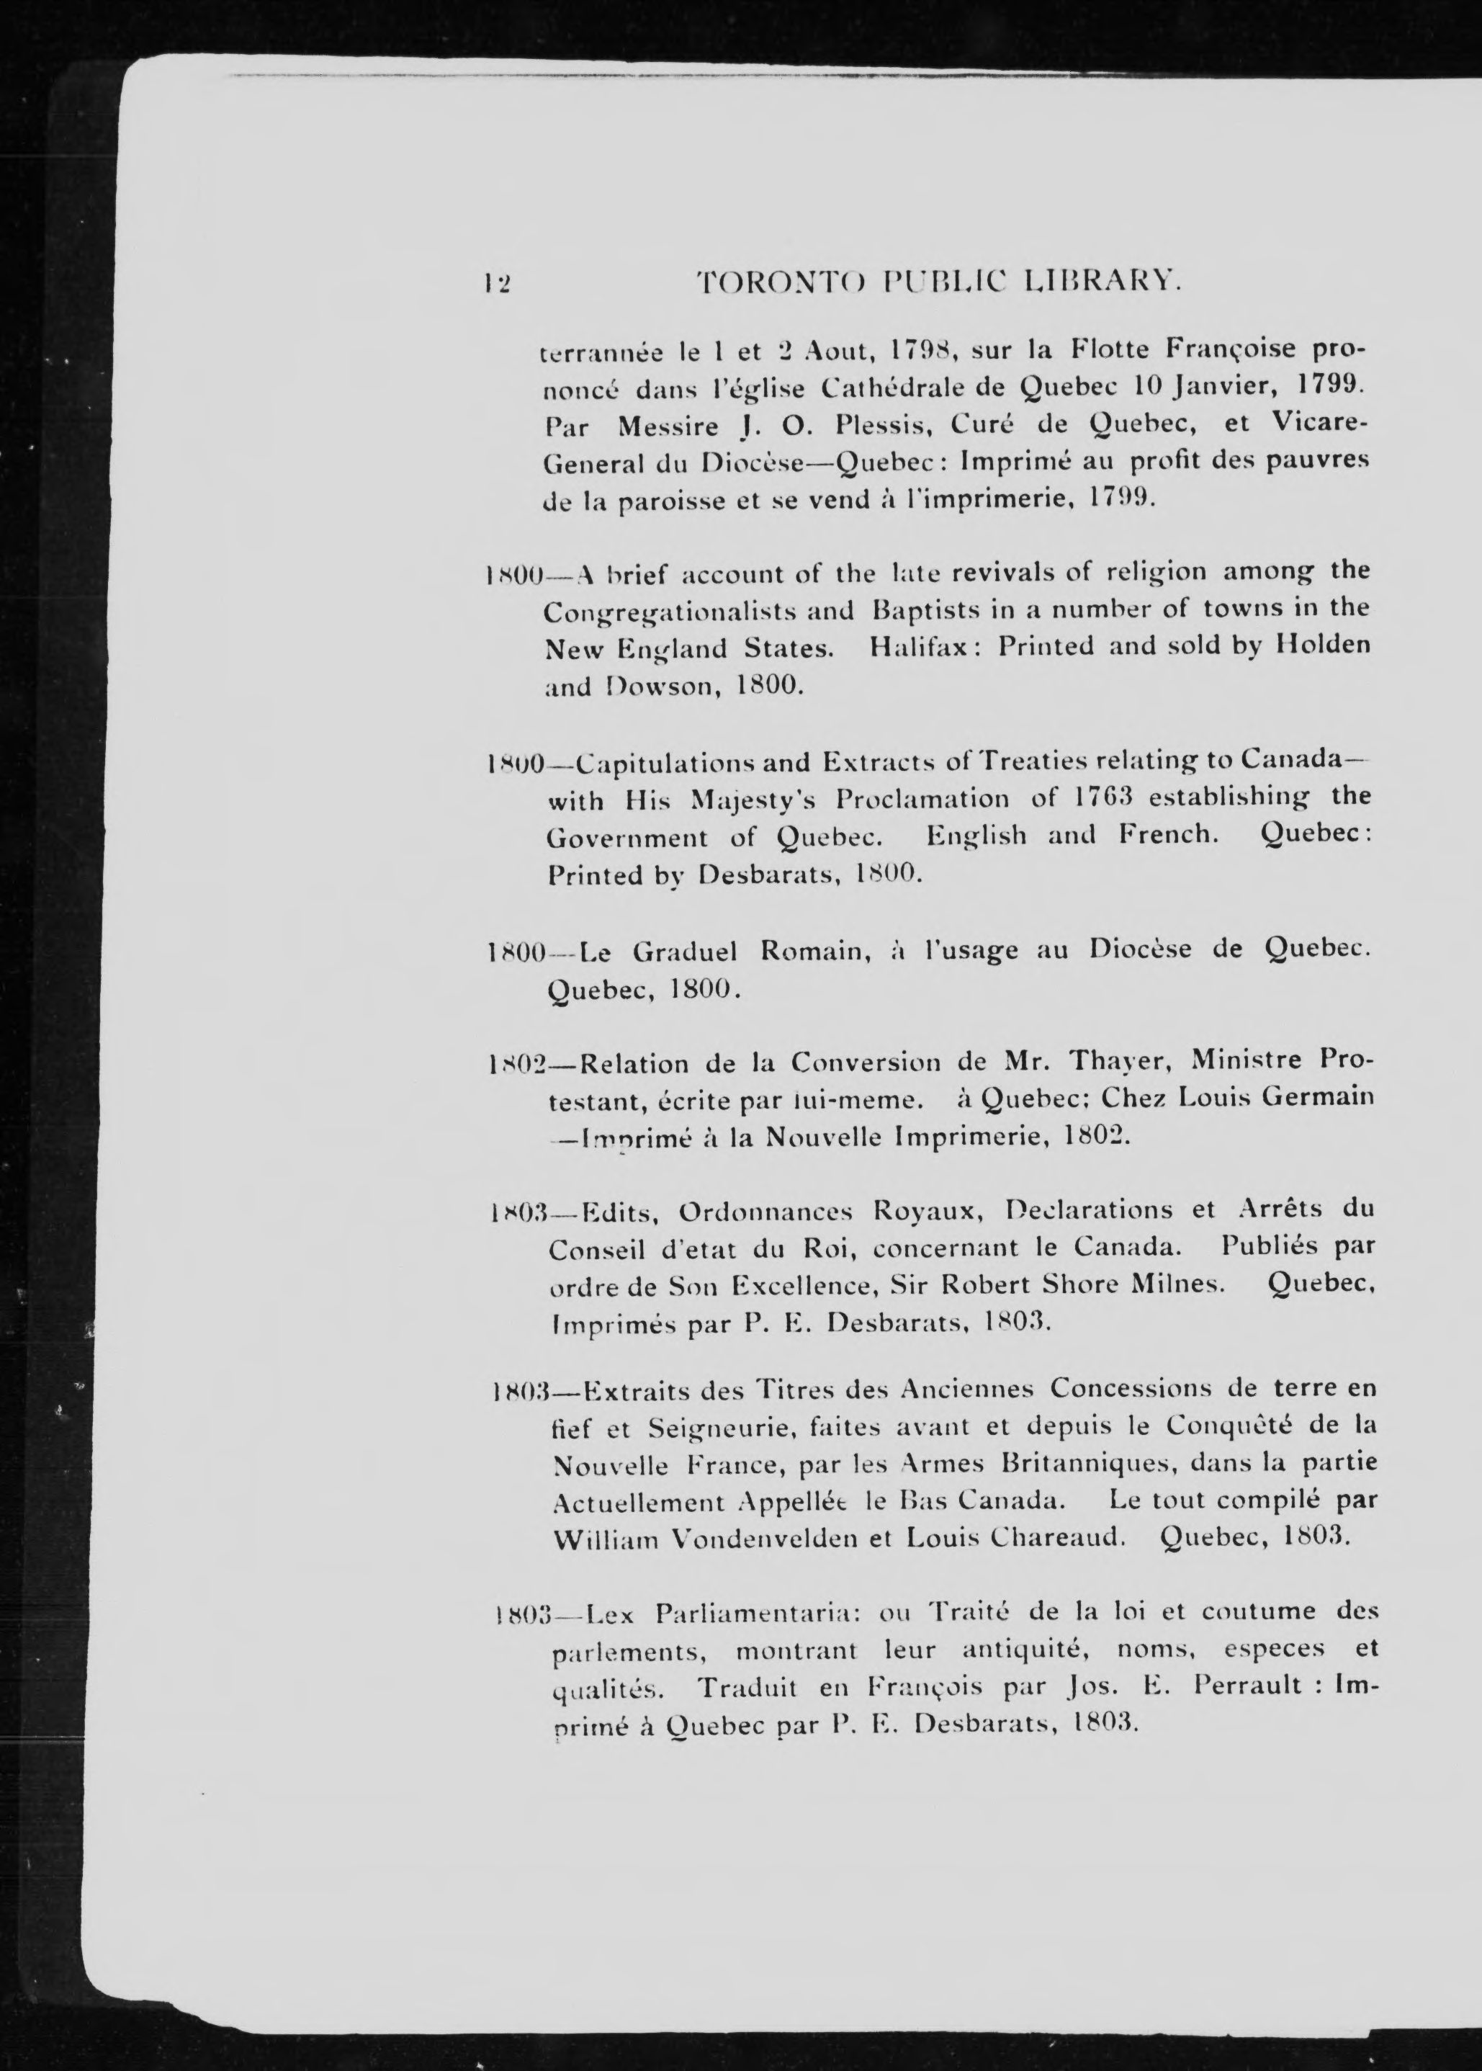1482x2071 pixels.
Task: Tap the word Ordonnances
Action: [765, 1211]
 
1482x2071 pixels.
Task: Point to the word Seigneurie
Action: [717, 1426]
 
